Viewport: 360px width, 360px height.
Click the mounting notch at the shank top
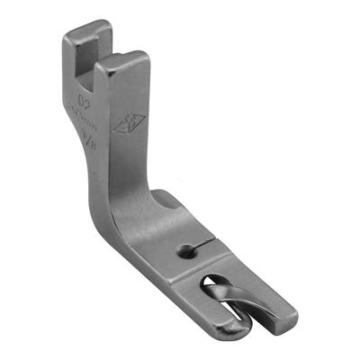pyautogui.click(x=91, y=56)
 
